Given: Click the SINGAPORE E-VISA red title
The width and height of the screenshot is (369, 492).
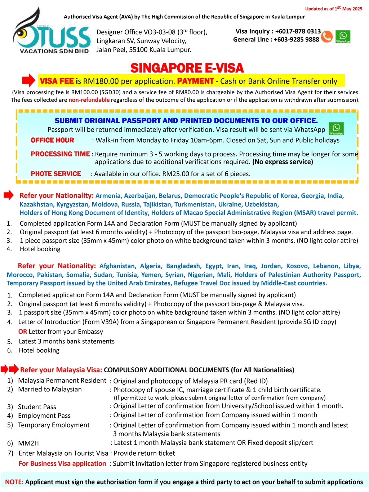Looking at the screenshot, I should [x=187, y=68].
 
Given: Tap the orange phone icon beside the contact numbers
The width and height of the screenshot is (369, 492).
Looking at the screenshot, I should [x=327, y=36].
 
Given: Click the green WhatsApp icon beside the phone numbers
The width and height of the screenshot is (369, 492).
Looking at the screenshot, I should [x=343, y=36].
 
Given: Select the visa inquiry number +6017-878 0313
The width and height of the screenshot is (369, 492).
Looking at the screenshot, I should [x=298, y=31].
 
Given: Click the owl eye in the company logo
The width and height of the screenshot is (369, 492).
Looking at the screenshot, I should [x=23, y=33].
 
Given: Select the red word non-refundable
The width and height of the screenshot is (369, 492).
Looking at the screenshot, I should [x=89, y=100].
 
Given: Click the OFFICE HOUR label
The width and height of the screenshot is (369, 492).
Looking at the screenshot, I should [x=52, y=140].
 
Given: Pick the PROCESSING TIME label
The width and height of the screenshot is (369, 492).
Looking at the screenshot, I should [x=60, y=154].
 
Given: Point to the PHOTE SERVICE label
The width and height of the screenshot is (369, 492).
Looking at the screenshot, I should [x=56, y=174].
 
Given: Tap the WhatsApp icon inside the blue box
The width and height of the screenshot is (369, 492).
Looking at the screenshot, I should [x=336, y=128].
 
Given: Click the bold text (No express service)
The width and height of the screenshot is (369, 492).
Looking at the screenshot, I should [x=283, y=162].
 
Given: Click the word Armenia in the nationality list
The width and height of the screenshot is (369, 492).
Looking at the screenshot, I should [x=108, y=196].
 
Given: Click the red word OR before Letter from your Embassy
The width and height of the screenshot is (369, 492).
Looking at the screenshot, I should [x=23, y=332].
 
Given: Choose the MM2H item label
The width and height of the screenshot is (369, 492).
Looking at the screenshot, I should [x=28, y=443].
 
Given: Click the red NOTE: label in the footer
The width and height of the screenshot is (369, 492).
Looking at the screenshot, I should [x=14, y=482].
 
